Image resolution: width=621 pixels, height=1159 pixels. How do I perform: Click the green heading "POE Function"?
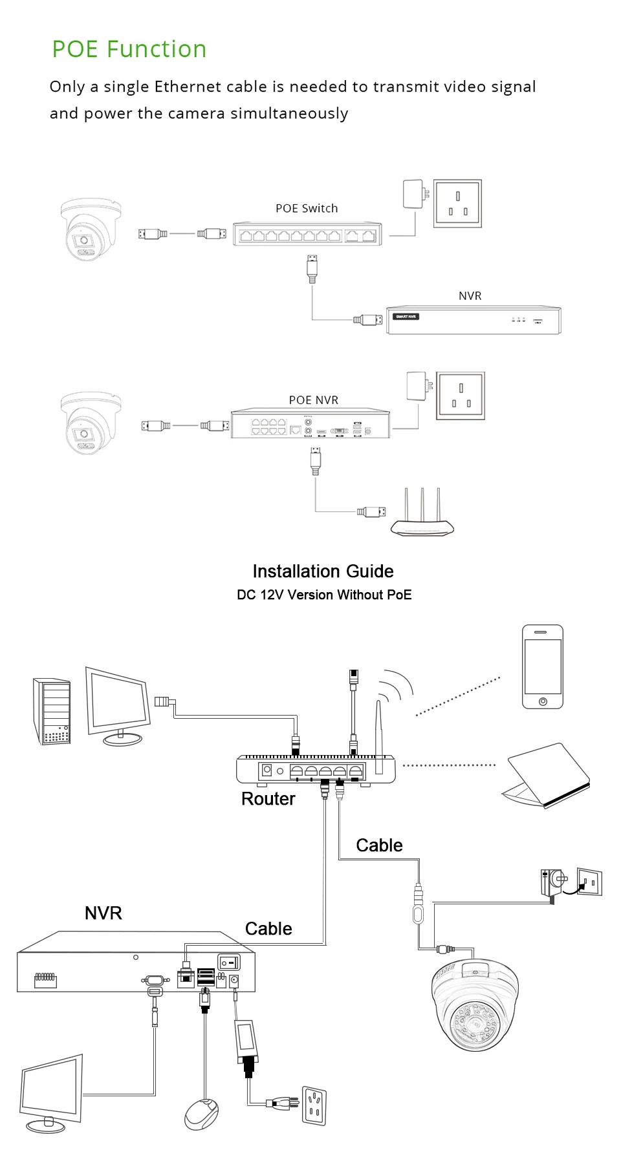[x=129, y=49]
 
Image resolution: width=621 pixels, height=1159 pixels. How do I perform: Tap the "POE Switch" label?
[x=307, y=208]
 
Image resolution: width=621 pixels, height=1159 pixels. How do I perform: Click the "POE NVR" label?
[x=314, y=400]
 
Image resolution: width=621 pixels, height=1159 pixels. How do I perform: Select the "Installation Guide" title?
[x=323, y=571]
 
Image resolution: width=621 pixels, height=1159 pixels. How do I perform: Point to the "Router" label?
[x=268, y=799]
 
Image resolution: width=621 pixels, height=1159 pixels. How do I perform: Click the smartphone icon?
[x=543, y=667]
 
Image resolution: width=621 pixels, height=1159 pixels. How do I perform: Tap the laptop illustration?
[x=547, y=776]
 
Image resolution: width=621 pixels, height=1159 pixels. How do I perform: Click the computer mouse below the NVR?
[x=202, y=1114]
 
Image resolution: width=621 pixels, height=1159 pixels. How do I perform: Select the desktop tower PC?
[x=52, y=711]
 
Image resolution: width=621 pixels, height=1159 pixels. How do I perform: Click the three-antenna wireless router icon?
[x=422, y=517]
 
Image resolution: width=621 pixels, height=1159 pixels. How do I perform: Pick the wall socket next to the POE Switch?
[x=457, y=204]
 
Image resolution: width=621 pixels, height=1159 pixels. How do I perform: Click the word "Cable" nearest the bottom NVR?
[x=268, y=929]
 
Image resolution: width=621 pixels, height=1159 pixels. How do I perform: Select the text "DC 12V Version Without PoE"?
[x=324, y=595]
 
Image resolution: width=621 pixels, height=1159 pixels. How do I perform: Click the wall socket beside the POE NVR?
[x=461, y=396]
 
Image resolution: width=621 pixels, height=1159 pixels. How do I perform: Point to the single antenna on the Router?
[x=379, y=737]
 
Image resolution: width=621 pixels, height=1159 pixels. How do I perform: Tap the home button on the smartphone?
[x=543, y=701]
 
